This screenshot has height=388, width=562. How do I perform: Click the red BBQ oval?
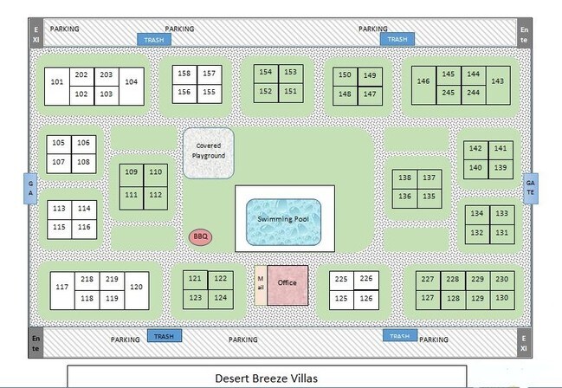click(x=201, y=236)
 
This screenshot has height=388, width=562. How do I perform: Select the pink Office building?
click(x=287, y=284)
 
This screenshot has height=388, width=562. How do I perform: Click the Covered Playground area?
click(x=209, y=153)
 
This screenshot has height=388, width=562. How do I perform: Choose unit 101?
click(x=57, y=83)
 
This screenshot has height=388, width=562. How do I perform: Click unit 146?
click(x=423, y=82)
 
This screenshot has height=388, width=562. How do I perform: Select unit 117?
click(x=61, y=288)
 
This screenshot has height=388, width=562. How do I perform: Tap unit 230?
click(x=502, y=279)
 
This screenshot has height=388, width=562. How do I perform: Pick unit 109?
click(x=132, y=173)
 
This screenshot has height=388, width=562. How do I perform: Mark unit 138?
click(x=404, y=178)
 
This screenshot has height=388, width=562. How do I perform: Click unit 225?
click(x=342, y=279)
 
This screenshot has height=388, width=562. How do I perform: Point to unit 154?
click(x=266, y=73)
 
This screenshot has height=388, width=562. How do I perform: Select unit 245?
click(x=449, y=93)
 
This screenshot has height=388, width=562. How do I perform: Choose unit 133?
click(x=501, y=213)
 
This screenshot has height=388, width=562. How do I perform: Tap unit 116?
click(x=83, y=227)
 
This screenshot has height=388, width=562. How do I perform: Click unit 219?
click(x=112, y=280)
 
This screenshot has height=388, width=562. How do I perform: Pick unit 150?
click(x=345, y=76)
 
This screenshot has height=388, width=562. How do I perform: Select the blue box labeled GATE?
click(x=531, y=188)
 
